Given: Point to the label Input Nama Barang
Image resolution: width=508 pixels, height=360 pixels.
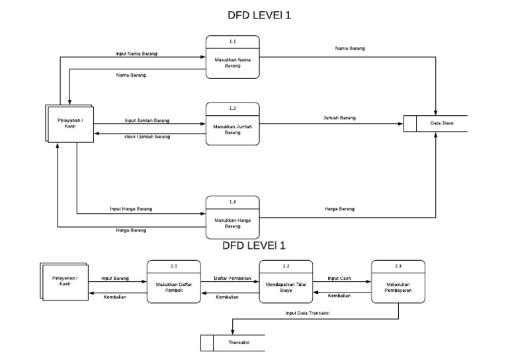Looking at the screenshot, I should coord(136,53).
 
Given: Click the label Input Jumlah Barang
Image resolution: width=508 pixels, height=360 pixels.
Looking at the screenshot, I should coord(147,120).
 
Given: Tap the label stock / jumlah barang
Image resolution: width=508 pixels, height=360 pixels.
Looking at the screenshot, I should coord(147,136).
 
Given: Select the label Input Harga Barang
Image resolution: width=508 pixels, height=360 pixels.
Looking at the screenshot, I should coord(131,208).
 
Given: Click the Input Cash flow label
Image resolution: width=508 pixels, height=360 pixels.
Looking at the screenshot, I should coord(339,279).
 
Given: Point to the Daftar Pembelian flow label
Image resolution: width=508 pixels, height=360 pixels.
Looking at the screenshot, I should coord(232,279).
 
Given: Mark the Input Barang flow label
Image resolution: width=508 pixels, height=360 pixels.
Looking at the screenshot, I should coord(115,279).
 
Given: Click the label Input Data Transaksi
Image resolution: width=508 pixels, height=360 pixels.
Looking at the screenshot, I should coord(308,314).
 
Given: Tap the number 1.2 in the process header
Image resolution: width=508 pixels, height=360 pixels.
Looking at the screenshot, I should coord(232,107).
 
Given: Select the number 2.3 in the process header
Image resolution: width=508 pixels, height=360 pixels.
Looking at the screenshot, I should coord(398,265).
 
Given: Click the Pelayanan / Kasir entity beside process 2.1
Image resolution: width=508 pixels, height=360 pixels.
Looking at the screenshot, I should coord(65,281).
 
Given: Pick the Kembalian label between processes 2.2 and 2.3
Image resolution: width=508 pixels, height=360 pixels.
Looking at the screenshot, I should coord(339,296).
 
